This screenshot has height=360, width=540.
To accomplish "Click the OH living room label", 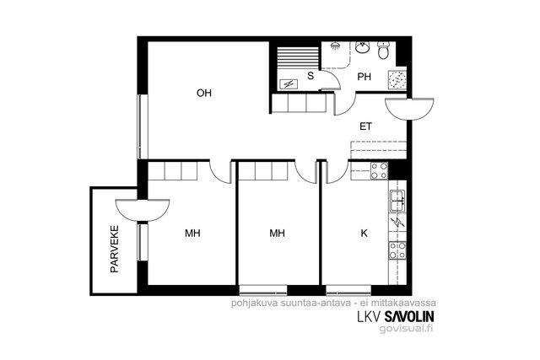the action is point(204,93).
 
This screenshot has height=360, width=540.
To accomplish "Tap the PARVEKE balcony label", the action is point(115,250).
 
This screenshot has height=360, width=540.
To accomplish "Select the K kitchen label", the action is point(364,234).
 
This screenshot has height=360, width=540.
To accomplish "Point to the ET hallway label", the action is point(365,126).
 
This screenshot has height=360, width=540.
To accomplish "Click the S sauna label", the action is point(310,76).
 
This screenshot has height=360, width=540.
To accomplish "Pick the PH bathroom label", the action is point(364,77).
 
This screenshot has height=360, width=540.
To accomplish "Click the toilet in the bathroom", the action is point(383,51).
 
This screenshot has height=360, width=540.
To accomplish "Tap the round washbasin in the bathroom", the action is point(362,47).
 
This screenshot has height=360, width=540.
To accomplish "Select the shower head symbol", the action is point(334,46).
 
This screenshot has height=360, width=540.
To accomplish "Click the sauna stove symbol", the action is point(288,83).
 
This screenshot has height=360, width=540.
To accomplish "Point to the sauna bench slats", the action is point(298,58).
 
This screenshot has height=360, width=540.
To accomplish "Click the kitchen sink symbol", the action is point(397,201).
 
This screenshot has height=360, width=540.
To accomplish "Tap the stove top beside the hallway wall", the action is point(379,171).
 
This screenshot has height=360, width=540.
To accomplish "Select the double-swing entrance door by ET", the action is point(409,109).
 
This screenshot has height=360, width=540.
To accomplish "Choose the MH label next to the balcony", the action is point(192,234).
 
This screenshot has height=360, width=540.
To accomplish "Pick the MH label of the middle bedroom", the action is point(277,234).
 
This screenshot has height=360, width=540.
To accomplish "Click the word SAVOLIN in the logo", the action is point(409,316).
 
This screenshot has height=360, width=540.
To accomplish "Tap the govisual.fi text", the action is point(406,329).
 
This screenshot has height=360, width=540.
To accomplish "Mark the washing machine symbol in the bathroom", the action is point(397,80).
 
